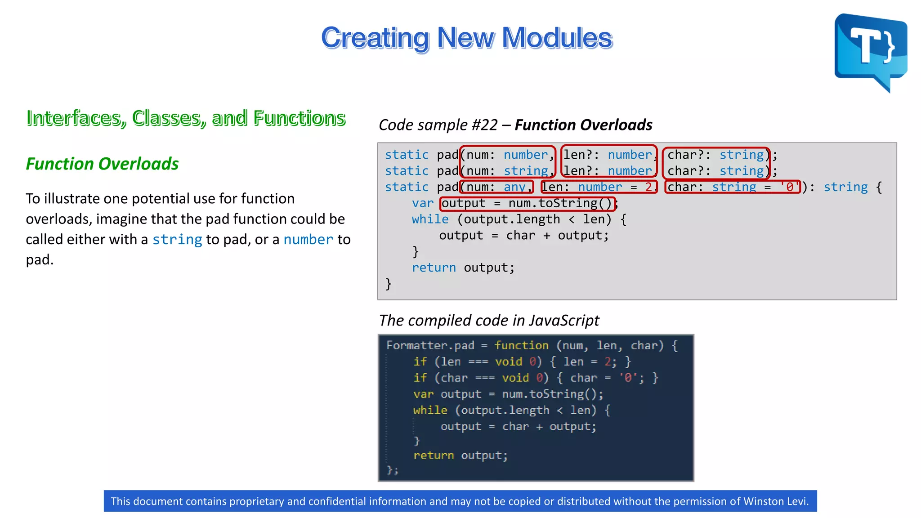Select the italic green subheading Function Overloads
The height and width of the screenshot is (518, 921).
[102, 164]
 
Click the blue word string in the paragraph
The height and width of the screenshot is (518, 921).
[177, 240]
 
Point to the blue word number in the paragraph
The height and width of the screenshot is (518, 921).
[308, 240]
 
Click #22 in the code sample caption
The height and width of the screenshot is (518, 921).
[484, 125]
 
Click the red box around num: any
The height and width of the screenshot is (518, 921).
[496, 187]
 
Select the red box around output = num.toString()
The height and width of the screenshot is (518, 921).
[527, 203]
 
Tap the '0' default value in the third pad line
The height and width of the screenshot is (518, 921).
[790, 187]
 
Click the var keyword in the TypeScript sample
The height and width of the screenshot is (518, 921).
[423, 203]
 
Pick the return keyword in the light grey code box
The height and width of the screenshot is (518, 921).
[434, 268]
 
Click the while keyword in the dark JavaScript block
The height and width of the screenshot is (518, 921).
[430, 410]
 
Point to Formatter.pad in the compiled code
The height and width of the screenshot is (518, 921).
[430, 345]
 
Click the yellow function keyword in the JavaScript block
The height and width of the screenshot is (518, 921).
[521, 345]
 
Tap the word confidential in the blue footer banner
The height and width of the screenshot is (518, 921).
[344, 501]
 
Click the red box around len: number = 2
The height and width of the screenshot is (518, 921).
[599, 187]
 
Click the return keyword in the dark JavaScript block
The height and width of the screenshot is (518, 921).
[434, 455]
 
